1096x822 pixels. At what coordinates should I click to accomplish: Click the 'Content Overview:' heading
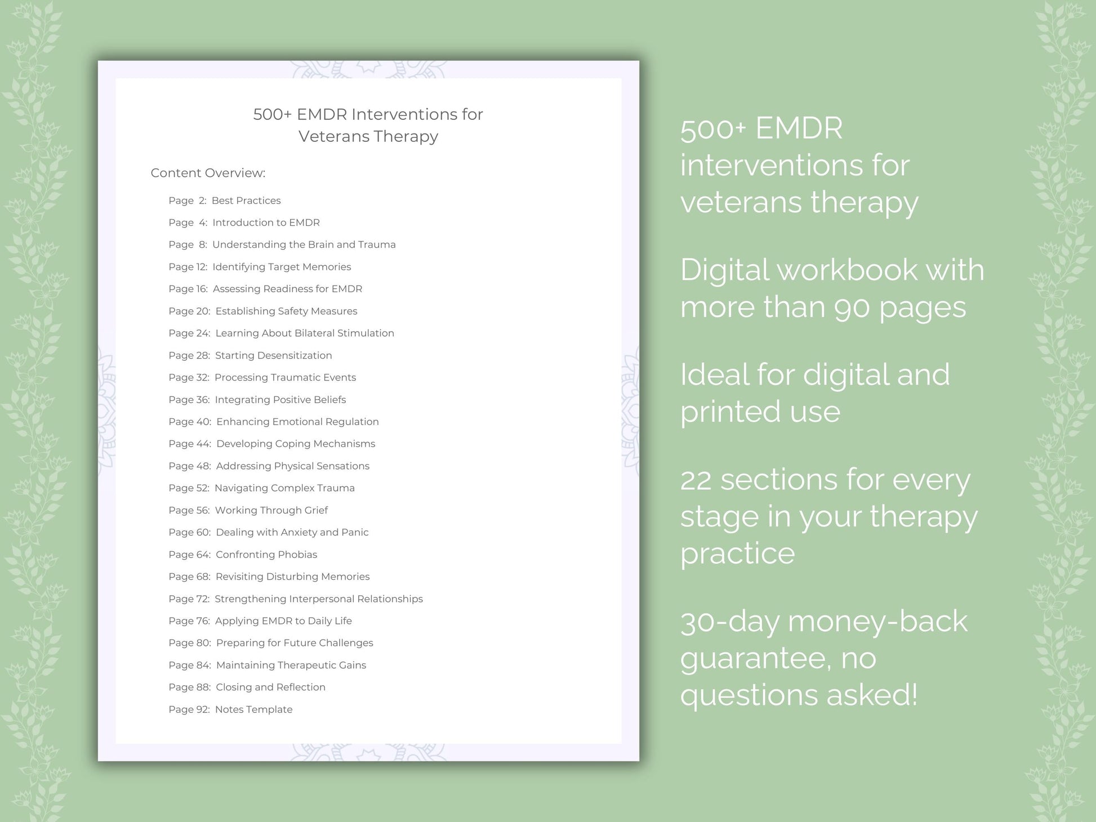[208, 173]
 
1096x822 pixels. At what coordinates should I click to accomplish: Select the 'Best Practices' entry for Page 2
[246, 200]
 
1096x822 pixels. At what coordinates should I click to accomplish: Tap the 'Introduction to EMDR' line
[266, 222]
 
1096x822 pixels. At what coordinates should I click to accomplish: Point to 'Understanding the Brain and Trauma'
[304, 244]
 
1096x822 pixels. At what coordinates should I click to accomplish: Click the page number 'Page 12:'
[188, 267]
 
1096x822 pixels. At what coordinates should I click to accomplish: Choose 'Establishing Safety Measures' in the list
[286, 311]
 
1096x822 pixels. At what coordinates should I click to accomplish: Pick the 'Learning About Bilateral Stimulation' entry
[304, 333]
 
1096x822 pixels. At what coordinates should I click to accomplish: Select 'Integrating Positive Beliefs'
[280, 400]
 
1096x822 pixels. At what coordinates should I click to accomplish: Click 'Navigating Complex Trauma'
[284, 488]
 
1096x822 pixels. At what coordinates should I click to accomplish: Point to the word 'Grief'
[316, 510]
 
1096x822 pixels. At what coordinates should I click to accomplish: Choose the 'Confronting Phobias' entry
[266, 555]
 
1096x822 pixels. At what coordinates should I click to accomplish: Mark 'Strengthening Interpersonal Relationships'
[318, 598]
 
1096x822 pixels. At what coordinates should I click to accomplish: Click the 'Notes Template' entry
[253, 709]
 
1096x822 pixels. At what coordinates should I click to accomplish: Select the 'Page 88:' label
[189, 687]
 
